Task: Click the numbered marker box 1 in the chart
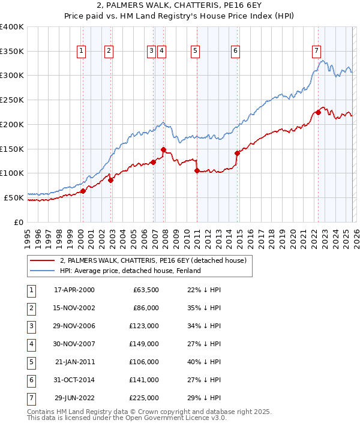(81, 52)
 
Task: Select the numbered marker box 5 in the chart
(196, 52)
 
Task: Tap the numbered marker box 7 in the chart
(316, 52)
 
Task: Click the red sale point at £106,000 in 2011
(197, 170)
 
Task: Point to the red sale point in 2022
(318, 112)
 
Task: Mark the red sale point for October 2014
(237, 153)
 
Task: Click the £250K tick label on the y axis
(12, 100)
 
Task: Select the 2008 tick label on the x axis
(165, 235)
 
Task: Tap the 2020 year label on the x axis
(292, 235)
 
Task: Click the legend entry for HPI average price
(130, 271)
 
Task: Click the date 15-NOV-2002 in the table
(74, 308)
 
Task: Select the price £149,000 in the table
(144, 344)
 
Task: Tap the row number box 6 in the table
(30, 380)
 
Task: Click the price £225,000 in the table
(144, 398)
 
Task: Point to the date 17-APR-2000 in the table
(74, 290)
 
